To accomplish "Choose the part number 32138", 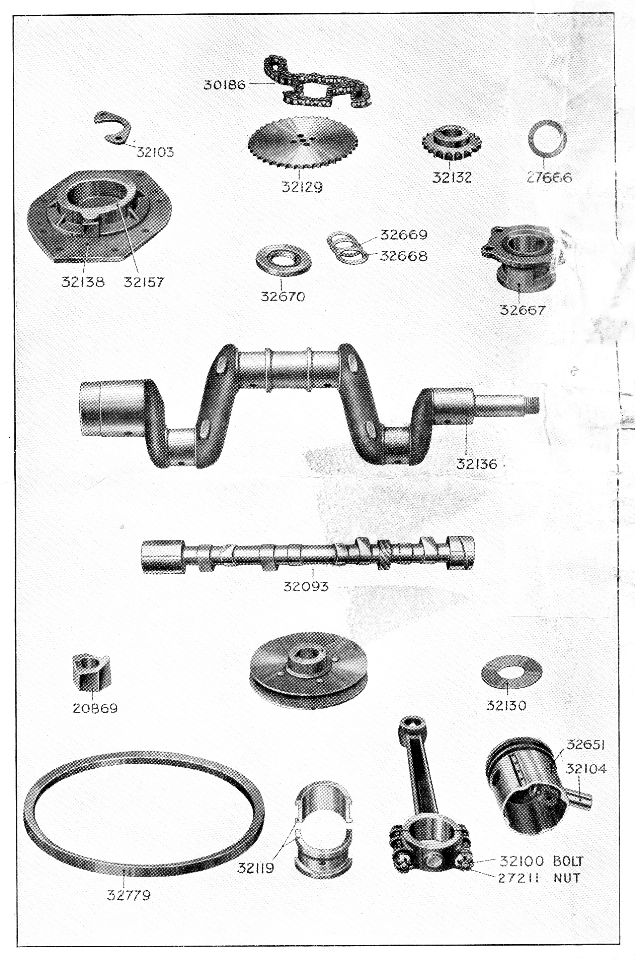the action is (83, 282).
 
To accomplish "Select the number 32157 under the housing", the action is (144, 282).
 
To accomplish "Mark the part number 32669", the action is (403, 235).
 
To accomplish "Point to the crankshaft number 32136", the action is (476, 464).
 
